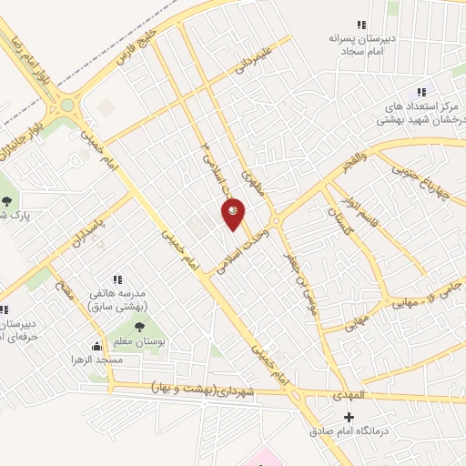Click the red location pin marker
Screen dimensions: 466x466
point(233,213)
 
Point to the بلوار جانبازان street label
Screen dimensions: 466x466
point(17,137)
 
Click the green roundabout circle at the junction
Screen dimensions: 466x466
point(66,106)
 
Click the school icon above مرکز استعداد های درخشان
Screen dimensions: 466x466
point(420,92)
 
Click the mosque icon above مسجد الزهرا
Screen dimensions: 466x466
point(96,346)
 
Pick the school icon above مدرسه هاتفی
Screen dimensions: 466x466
point(116,279)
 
